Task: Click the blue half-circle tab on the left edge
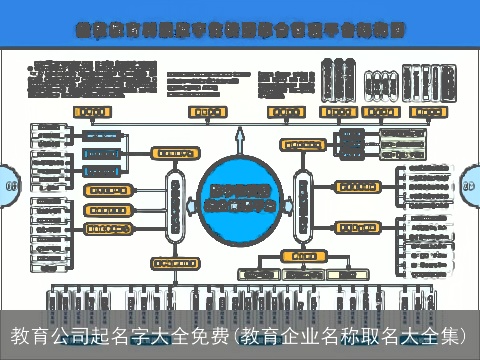click(x=7, y=185)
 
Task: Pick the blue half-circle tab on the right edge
click(x=470, y=185)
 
